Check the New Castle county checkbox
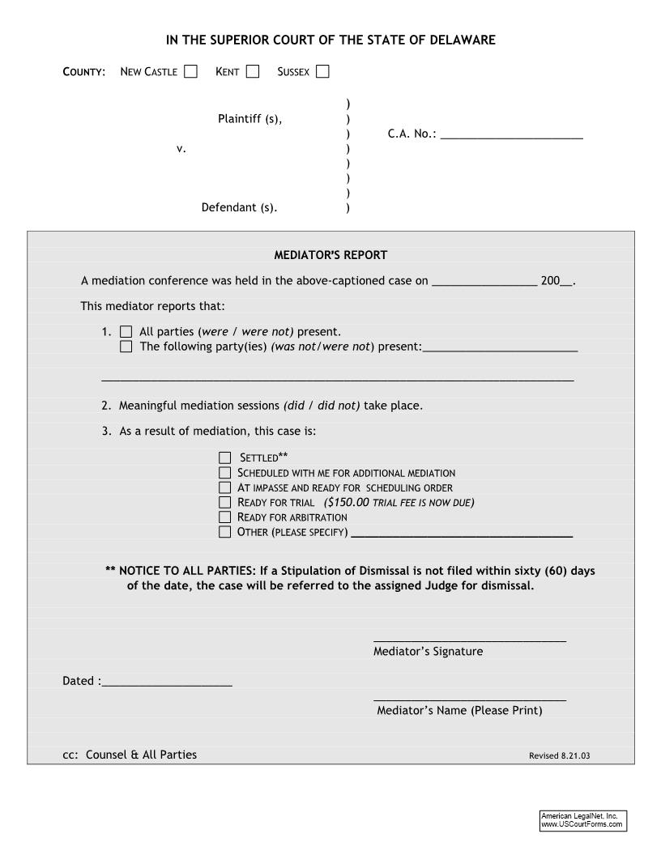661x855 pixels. click(190, 71)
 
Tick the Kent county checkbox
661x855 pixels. click(253, 71)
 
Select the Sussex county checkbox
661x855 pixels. click(322, 71)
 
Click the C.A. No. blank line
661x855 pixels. click(511, 135)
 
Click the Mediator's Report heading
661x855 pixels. click(330, 255)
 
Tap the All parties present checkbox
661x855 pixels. click(126, 331)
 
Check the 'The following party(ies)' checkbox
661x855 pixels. click(126, 347)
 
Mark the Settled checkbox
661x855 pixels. click(224, 457)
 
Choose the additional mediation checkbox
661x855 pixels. click(224, 472)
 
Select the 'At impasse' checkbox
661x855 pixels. click(224, 487)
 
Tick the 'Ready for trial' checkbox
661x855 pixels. click(224, 502)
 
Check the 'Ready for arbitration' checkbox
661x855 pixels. click(224, 517)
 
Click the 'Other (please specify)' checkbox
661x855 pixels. click(224, 532)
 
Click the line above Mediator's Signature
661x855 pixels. click(469, 640)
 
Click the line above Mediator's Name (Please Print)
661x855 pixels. click(469, 699)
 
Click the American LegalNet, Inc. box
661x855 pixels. click(583, 820)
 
